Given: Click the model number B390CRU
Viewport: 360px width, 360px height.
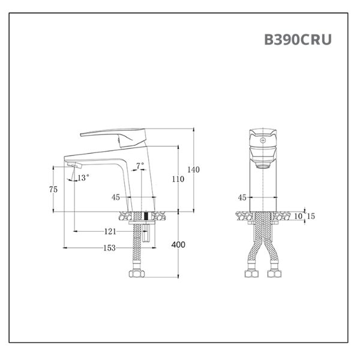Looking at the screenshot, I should pyautogui.click(x=298, y=40).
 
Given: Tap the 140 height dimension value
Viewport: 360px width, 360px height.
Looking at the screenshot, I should pyautogui.click(x=193, y=170).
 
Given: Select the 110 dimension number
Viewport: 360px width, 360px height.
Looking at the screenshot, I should pyautogui.click(x=178, y=179).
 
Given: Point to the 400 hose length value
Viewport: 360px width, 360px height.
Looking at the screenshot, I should pyautogui.click(x=178, y=245).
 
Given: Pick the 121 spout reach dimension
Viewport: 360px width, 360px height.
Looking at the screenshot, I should pyautogui.click(x=110, y=231).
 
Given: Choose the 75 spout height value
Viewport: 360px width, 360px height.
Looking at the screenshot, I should pyautogui.click(x=53, y=189).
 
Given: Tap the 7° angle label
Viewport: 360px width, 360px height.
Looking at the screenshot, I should pyautogui.click(x=140, y=164).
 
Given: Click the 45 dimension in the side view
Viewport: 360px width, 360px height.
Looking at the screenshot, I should pyautogui.click(x=116, y=197).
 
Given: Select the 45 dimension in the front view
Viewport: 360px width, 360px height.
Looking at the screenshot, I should pyautogui.click(x=242, y=197).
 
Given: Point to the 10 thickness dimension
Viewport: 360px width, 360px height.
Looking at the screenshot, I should pyautogui.click(x=298, y=216).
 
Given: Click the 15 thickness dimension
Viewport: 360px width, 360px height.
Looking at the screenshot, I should pyautogui.click(x=311, y=216).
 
